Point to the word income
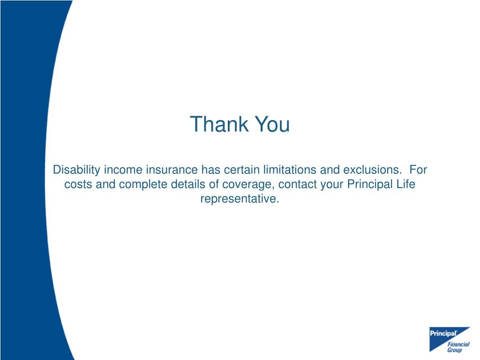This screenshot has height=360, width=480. tap(121, 169)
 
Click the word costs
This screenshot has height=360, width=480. tap(78, 184)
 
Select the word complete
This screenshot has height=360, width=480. tap(142, 184)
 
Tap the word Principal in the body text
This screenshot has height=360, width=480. tap(369, 184)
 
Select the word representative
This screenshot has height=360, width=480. tap(240, 199)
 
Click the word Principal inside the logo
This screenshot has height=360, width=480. tap(443, 334)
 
